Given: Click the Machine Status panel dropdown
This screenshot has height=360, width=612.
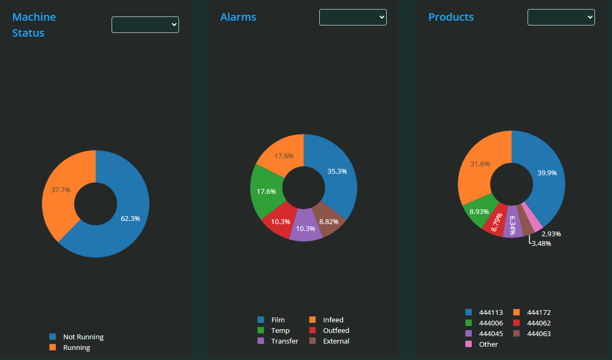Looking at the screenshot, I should tap(145, 24).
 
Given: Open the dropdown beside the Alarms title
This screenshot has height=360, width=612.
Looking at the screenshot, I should tap(353, 17).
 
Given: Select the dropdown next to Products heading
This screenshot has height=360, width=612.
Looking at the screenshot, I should tap(561, 17).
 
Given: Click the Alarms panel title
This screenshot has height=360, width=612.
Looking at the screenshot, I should tap(238, 17).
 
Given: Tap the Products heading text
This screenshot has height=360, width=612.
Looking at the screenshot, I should tap(451, 17).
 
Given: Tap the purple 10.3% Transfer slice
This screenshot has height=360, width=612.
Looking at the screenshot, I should tap(306, 228).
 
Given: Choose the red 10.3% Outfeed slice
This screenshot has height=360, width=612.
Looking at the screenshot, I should tap(280, 221).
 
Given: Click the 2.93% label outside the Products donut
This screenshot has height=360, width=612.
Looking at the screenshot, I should tap(551, 234).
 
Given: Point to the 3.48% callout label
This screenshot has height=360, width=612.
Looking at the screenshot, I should tap(541, 244).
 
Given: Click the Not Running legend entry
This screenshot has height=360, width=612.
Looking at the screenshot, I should tap(83, 337).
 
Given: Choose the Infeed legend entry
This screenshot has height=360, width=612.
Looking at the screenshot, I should tap(333, 320).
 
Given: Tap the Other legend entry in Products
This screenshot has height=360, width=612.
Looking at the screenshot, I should tap(488, 344).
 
